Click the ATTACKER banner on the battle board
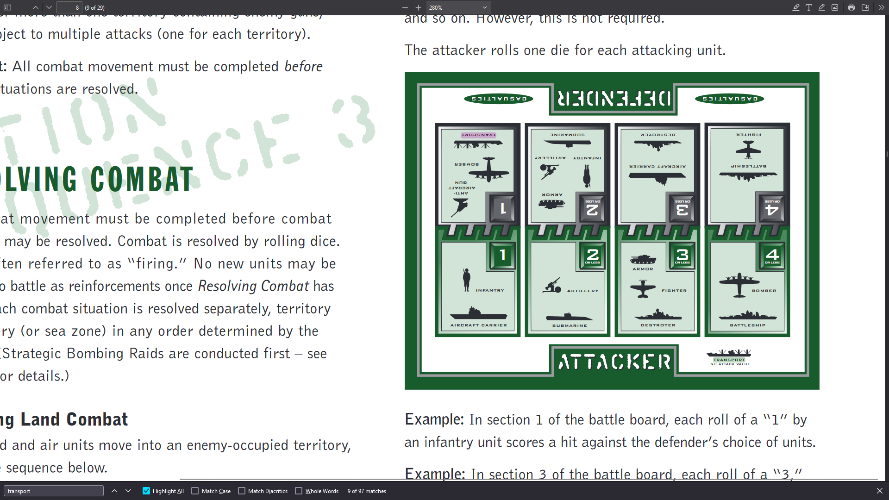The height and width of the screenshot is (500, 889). coord(614,362)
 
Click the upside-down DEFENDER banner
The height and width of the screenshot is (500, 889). coord(614,99)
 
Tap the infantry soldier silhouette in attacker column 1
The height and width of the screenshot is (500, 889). coord(466,280)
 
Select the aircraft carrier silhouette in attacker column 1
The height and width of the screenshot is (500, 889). coord(478,313)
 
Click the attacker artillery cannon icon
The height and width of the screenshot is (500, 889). coord(551,286)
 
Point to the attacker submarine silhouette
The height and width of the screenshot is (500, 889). coord(569,317)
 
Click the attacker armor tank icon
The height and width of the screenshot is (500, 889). coord(643,259)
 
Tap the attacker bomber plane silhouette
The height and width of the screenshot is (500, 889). coord(739,284)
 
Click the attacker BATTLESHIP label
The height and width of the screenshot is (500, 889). coord(747,325)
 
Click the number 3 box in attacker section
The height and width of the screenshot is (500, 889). coord(682,256)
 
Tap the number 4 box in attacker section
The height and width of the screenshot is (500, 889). coord(772,256)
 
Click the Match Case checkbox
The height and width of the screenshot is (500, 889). coord(195,491)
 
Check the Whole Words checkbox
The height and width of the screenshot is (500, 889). coord(299,491)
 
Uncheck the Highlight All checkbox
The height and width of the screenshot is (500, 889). coord(146,491)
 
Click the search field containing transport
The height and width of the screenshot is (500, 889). coord(53,491)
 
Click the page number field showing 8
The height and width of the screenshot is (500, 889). coord(69,7)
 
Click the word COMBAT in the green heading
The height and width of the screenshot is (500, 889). coord(142,180)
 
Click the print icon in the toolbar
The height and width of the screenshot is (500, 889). coord(851,7)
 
